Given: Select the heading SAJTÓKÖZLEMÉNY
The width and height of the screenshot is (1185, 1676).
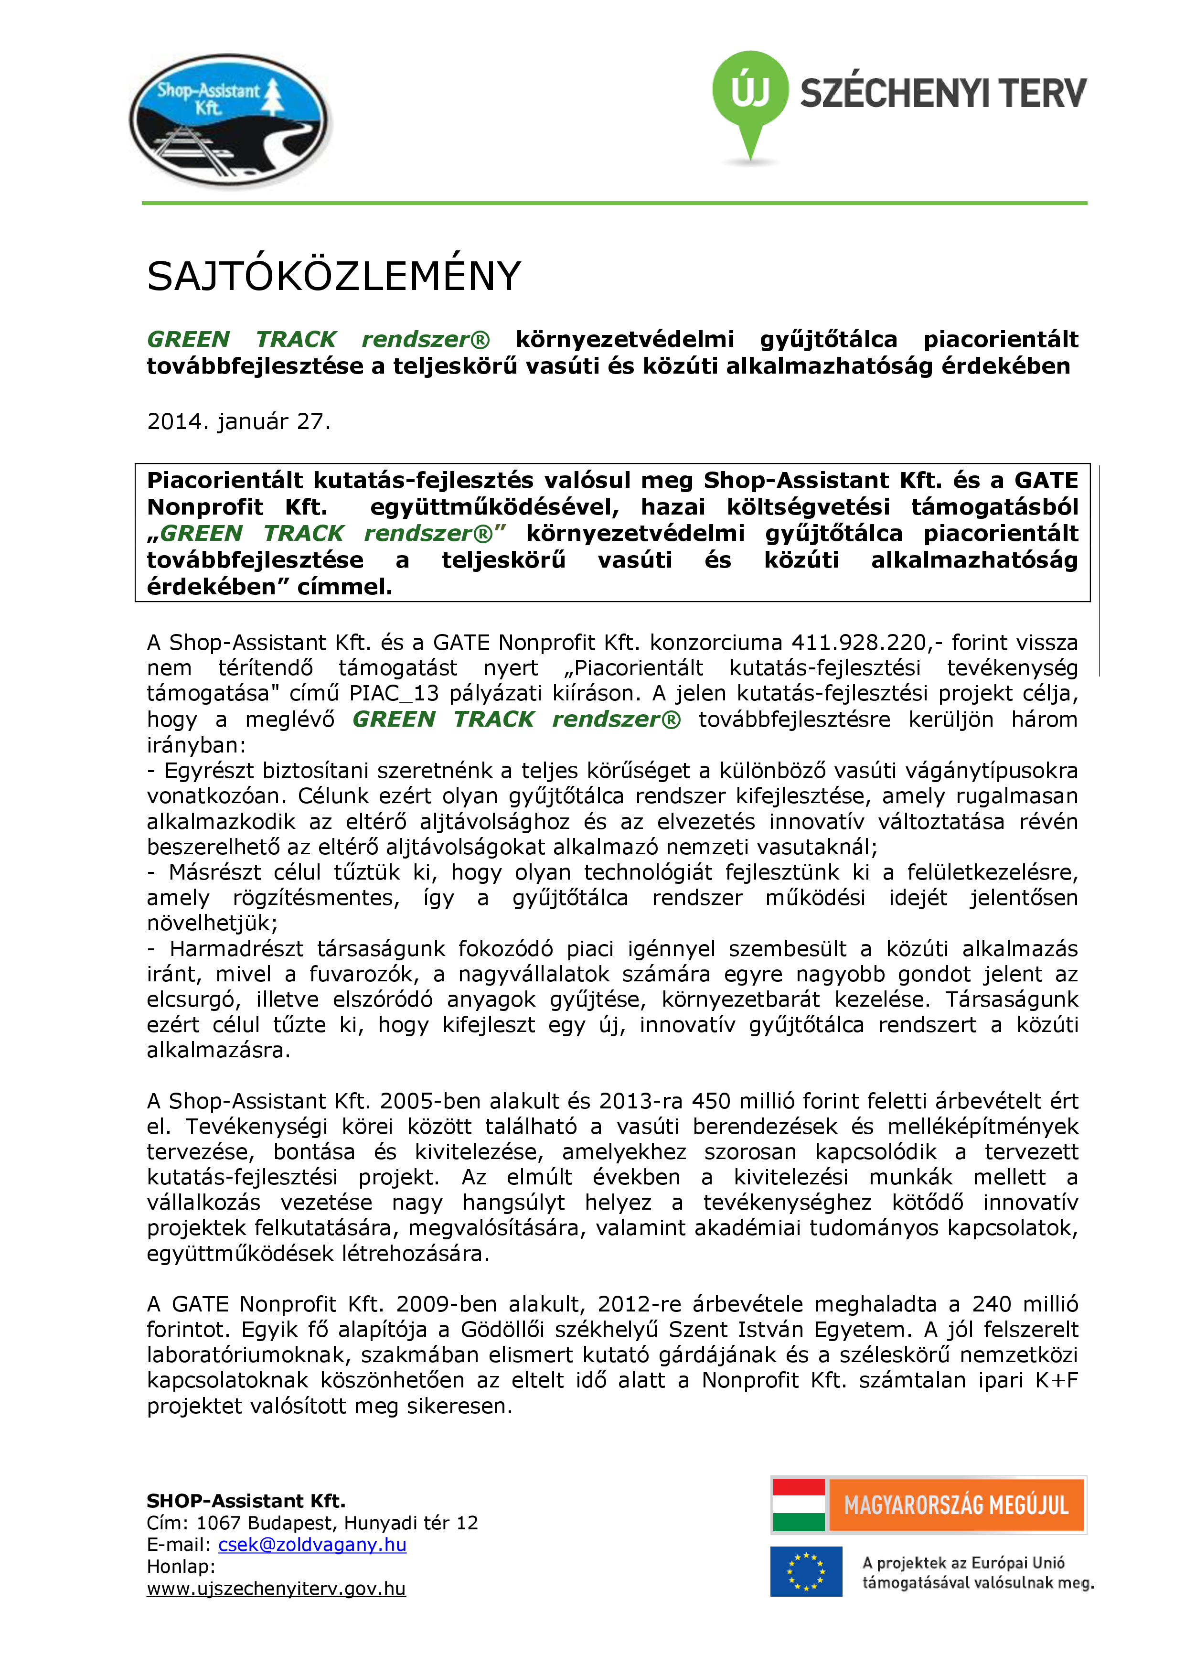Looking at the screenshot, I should pyautogui.click(x=333, y=277).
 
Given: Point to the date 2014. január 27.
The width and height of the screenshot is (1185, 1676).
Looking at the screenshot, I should pyautogui.click(x=239, y=422).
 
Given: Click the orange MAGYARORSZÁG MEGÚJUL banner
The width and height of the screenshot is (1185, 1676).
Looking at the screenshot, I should pyautogui.click(x=956, y=1505).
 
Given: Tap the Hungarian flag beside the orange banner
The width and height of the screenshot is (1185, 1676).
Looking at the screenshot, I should pyautogui.click(x=798, y=1505).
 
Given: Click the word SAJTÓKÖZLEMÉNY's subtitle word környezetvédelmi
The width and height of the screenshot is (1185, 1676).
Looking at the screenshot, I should pyautogui.click(x=625, y=339).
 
